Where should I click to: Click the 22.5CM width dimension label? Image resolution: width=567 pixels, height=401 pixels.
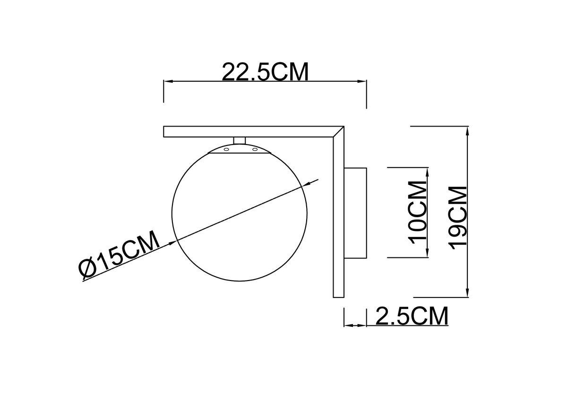pos(265,72)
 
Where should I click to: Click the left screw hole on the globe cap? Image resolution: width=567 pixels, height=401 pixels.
pos(226,150)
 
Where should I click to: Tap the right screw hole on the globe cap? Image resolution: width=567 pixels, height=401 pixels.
pos(255,150)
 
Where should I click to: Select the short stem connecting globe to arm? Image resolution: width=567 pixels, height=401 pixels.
pos(240,140)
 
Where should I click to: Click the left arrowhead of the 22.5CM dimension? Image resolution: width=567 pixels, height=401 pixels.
pos(167,82)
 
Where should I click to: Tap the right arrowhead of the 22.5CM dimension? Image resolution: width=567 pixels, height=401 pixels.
pos(363,82)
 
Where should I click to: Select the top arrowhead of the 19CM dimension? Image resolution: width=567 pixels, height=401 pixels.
pos(467,131)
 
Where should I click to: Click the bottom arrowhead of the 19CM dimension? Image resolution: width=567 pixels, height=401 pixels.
pos(467,293)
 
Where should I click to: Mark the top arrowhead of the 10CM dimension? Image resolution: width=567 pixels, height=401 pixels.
pos(427,171)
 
